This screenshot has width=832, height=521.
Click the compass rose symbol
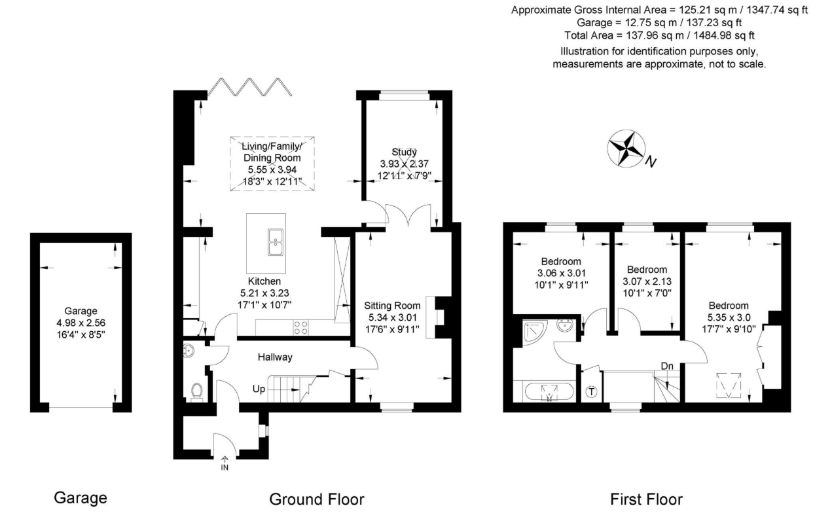[x=626, y=148]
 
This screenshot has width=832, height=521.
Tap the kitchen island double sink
[x=276, y=242]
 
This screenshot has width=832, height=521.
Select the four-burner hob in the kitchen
[x=300, y=327]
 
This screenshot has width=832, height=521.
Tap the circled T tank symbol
[x=591, y=392]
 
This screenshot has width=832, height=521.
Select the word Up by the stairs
[x=259, y=389]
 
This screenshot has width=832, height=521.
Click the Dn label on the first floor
[x=667, y=366]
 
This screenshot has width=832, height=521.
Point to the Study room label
[x=404, y=152]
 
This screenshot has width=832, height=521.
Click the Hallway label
[x=275, y=357]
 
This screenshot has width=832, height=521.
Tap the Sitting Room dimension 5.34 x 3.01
[x=393, y=317]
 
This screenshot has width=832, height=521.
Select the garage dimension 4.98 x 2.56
[x=81, y=323]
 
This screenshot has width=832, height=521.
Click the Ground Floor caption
[x=317, y=499]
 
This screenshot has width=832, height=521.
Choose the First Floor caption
[x=647, y=499]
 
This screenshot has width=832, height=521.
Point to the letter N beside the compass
[x=651, y=162]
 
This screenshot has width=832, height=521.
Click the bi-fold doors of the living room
[x=249, y=87]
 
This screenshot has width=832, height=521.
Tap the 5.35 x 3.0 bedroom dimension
[x=729, y=317]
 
